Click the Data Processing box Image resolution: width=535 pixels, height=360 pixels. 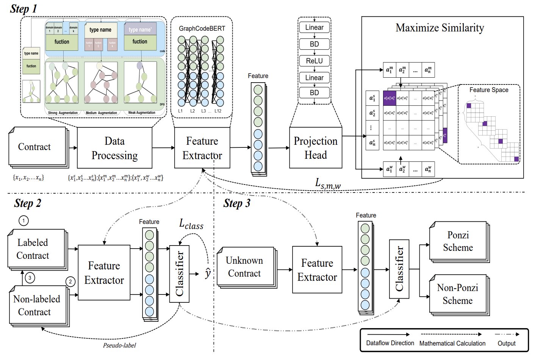click(114, 148)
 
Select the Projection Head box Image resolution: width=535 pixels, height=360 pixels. click(316, 148)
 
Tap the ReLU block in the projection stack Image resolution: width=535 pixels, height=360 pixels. click(314, 61)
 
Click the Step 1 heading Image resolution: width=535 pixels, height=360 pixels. click(23, 9)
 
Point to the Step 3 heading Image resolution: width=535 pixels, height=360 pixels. click(237, 203)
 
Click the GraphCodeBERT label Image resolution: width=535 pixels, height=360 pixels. click(202, 28)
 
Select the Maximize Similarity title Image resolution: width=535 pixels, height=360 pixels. click(440, 28)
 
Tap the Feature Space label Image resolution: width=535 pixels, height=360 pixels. click(489, 90)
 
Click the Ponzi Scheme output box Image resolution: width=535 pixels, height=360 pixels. click(458, 241)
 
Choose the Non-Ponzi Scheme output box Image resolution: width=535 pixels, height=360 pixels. click(458, 294)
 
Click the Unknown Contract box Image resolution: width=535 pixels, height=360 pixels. click(244, 267)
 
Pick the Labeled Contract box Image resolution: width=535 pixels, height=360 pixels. click(33, 249)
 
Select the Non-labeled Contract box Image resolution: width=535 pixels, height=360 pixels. click(36, 305)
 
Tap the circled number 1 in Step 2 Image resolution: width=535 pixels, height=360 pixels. click(23, 221)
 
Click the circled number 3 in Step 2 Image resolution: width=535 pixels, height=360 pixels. click(30, 278)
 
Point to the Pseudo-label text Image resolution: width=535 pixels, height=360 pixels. click(119, 345)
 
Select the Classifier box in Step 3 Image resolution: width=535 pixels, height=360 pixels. click(399, 269)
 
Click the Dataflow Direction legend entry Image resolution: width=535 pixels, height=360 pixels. click(390, 343)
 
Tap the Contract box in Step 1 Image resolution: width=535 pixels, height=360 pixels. click(34, 147)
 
